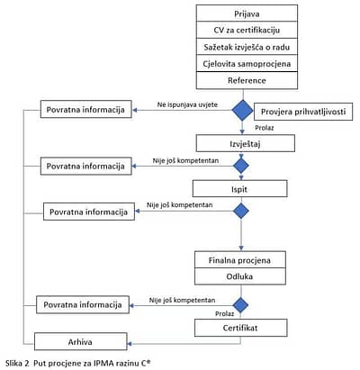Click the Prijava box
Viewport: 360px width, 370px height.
tap(247, 14)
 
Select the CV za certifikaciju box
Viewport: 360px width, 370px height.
tap(247, 30)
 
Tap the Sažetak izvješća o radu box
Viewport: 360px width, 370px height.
tap(247, 47)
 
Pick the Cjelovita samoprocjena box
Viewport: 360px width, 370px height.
tap(247, 63)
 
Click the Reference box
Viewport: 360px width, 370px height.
tap(247, 80)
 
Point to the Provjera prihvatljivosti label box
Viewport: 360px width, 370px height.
tap(303, 112)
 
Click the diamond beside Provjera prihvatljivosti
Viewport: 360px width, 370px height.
tap(242, 110)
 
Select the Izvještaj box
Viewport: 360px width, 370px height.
tap(246, 143)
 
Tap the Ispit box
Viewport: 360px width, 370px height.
tap(239, 189)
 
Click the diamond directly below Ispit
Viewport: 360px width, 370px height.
tap(241, 211)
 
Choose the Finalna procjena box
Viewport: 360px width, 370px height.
tap(240, 260)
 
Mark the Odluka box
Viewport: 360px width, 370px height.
tap(240, 276)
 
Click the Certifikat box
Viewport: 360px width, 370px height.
tap(241, 328)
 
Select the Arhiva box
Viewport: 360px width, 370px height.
tap(81, 341)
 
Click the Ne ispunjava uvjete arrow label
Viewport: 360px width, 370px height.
tap(187, 104)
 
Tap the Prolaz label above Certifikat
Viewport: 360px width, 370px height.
tap(224, 313)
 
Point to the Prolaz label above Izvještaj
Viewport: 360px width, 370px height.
tap(265, 128)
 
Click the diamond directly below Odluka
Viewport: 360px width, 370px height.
tap(241, 305)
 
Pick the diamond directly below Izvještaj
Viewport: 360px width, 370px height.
tap(241, 166)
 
